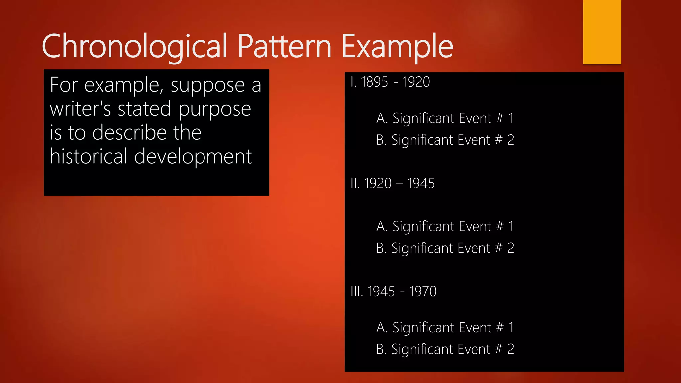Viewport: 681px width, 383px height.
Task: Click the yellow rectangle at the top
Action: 602,32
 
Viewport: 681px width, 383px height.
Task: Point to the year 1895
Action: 374,82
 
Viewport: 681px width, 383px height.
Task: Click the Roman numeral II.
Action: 355,183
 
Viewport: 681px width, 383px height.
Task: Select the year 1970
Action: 423,291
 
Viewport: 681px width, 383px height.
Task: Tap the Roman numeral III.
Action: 357,291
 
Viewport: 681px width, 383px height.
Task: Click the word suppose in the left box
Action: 208,85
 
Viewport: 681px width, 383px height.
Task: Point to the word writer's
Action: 80,109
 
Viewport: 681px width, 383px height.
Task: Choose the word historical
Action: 88,156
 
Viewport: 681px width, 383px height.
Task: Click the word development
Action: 193,156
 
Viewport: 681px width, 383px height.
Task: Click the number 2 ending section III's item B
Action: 511,349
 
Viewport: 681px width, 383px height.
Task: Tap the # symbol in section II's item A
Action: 500,226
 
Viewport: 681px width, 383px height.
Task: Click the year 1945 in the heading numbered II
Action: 421,183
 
